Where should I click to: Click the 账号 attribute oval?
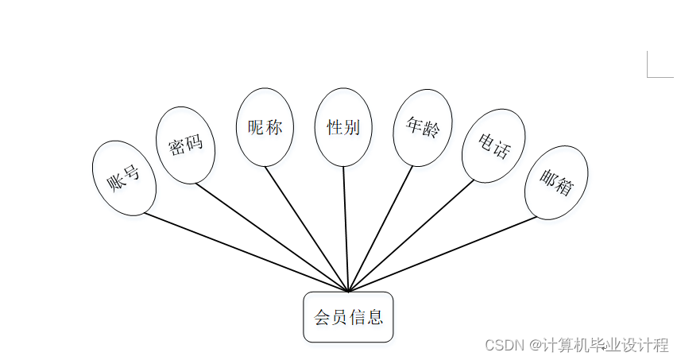(124, 178)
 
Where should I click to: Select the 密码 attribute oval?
(187, 145)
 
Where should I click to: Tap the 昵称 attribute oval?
(265, 127)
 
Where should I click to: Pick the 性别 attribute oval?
(343, 127)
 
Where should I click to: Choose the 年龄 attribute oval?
(422, 127)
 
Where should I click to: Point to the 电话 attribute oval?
(493, 145)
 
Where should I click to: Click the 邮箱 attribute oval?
(556, 182)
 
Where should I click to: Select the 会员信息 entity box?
(348, 317)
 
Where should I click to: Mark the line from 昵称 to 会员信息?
(307, 229)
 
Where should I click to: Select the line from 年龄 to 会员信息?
(380, 229)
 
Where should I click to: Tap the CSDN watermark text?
(576, 345)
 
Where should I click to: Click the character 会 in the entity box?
(323, 318)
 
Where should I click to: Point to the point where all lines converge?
(348, 291)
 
